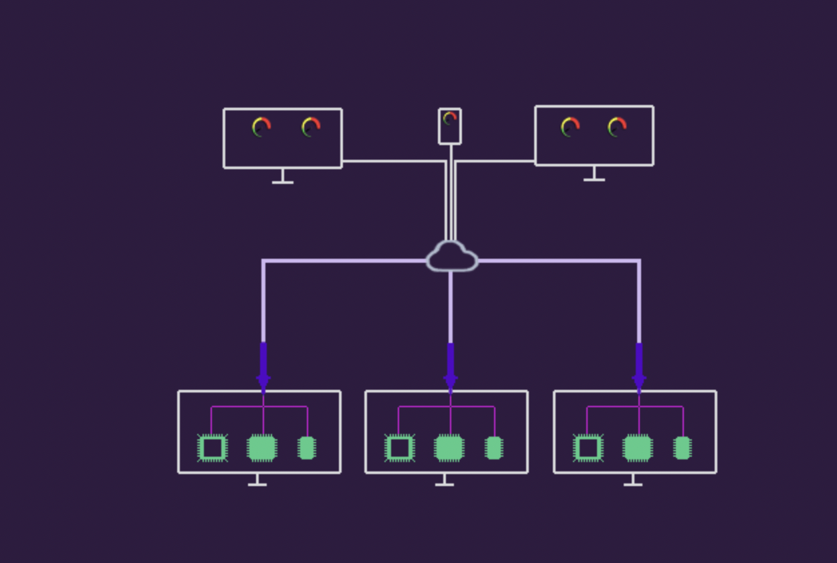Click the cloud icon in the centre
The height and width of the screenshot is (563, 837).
(452, 257)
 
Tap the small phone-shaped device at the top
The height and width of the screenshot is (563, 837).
(450, 126)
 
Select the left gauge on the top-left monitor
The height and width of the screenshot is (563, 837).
(261, 127)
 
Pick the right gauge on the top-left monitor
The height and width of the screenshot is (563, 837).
(311, 127)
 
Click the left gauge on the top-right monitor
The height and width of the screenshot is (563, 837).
(570, 126)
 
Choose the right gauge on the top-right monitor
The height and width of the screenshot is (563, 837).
(617, 126)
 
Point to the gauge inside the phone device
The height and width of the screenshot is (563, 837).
(450, 118)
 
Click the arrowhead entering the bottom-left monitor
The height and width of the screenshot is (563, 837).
(263, 382)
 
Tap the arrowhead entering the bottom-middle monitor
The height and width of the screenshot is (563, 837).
(451, 382)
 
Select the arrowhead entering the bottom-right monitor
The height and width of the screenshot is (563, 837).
(639, 382)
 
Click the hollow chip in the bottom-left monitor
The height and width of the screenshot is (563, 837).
(213, 448)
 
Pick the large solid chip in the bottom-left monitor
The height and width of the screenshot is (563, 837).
(262, 448)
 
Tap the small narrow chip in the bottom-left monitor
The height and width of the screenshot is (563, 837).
(307, 448)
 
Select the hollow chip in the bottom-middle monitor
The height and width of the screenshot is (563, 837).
(400, 448)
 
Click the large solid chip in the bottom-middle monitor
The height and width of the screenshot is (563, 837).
(449, 448)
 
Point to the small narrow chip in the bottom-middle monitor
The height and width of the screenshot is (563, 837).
(494, 448)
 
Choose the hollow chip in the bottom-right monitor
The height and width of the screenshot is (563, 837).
(588, 448)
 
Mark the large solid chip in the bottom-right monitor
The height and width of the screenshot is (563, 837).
(638, 448)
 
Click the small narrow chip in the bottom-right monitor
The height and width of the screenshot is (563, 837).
(683, 448)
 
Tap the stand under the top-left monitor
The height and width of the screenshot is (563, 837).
(283, 178)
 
